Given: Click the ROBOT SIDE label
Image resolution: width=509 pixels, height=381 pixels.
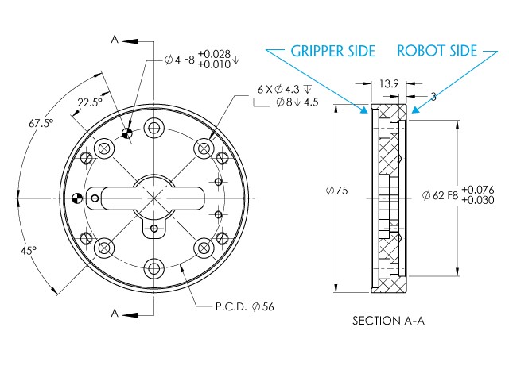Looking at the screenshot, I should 437,51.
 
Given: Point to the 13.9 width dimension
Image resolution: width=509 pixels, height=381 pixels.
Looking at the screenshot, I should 389,83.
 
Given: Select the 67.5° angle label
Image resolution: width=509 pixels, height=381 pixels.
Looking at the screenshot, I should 41,124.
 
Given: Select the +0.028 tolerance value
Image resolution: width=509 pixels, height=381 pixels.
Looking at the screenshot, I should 214,53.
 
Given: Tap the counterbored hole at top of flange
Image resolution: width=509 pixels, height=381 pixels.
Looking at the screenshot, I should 153,125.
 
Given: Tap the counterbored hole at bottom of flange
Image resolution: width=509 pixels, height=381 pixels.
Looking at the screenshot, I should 153,267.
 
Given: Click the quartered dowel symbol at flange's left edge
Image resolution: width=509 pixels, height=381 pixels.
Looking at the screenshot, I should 76,197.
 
